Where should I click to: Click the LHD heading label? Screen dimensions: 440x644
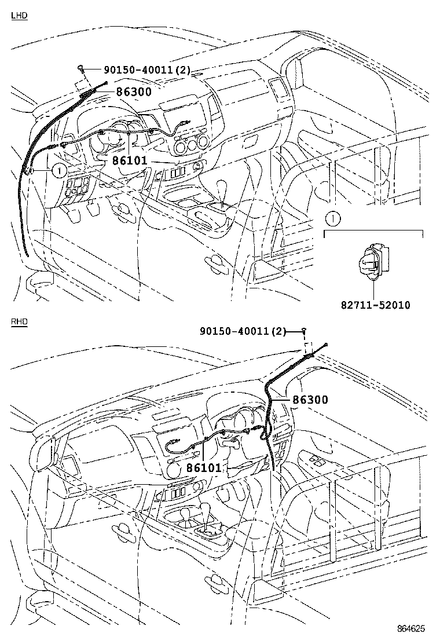(19, 16)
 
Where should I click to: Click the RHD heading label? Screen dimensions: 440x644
(19, 321)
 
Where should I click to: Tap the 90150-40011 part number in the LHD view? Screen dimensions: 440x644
(142, 70)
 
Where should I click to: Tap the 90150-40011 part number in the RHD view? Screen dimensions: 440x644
(243, 331)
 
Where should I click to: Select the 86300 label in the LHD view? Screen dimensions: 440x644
(134, 92)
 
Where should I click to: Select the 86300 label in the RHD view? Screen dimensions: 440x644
(310, 400)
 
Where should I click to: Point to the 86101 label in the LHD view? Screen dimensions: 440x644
(130, 160)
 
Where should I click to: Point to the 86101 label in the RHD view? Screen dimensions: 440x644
(204, 467)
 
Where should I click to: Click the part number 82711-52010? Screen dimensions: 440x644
(376, 305)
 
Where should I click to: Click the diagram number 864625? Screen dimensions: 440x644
(411, 628)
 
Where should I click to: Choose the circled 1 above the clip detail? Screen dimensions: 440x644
(333, 218)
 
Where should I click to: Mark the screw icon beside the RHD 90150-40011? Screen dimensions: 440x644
(304, 330)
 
